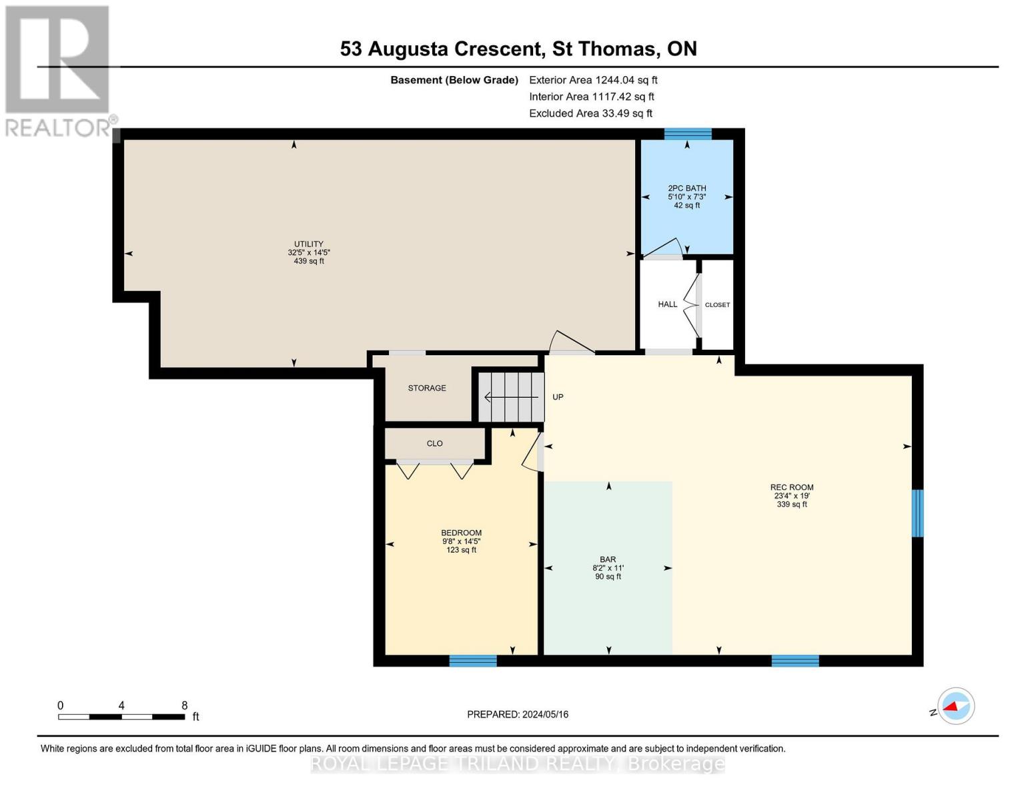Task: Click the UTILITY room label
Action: click(x=309, y=244)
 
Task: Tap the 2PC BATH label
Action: click(x=686, y=188)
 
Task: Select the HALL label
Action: click(x=667, y=304)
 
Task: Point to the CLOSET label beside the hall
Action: click(x=717, y=305)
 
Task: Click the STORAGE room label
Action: click(x=427, y=388)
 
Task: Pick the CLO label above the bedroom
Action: click(x=434, y=443)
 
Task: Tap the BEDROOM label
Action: click(x=461, y=533)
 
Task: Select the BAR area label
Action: click(x=608, y=559)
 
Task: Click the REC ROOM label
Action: click(x=792, y=487)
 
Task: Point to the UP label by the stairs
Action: click(x=558, y=397)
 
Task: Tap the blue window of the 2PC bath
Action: click(x=688, y=134)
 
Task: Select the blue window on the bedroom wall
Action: click(x=473, y=661)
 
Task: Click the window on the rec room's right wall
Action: click(x=917, y=513)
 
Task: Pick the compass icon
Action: click(x=955, y=706)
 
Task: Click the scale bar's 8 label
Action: click(x=185, y=706)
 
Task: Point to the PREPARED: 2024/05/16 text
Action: click(x=518, y=714)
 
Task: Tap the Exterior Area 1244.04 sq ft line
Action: click(x=593, y=80)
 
